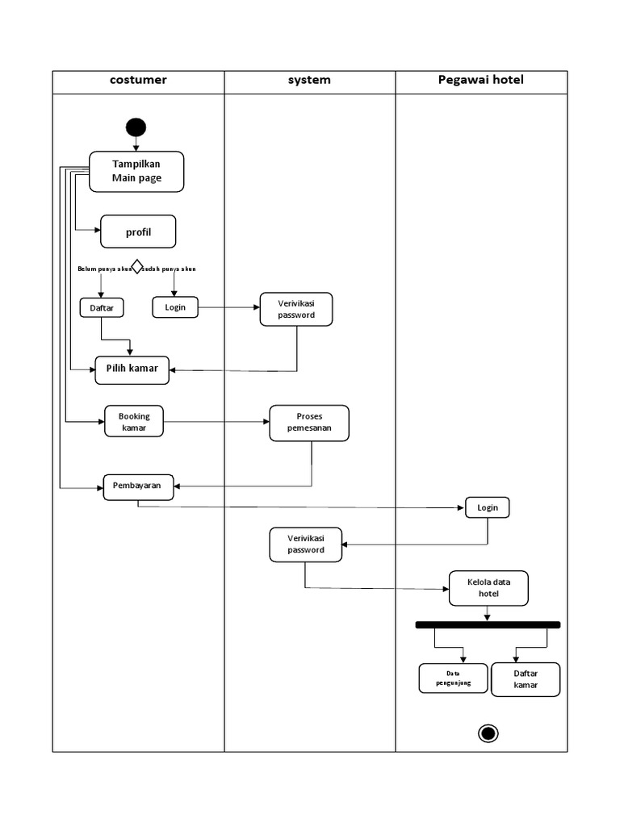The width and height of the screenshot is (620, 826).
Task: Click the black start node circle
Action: [136, 127]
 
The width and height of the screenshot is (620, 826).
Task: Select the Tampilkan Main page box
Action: [136, 171]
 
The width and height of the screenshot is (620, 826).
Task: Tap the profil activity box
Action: [138, 232]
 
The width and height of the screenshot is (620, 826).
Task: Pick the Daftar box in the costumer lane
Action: [101, 307]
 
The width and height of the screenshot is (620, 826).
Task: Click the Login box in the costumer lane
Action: [175, 307]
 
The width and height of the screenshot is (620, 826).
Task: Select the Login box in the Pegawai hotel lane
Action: [488, 507]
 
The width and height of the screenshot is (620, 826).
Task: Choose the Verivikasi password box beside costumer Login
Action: [296, 309]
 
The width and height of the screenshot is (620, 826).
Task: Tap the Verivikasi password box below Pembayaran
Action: [306, 544]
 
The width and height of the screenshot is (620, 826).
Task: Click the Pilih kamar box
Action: [132, 369]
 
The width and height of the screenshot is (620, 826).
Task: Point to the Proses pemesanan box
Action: [309, 423]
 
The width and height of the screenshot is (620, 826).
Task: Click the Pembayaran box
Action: [137, 486]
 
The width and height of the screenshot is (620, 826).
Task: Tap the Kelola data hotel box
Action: [488, 587]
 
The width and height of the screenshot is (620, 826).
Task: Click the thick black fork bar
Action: [488, 624]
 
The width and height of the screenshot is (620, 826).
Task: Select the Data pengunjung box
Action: [453, 678]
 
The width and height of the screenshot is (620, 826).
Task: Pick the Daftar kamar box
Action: [526, 679]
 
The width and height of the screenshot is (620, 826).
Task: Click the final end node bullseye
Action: [488, 732]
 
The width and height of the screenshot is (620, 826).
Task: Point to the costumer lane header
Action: [139, 81]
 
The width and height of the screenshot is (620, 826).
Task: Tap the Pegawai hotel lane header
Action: [481, 81]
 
